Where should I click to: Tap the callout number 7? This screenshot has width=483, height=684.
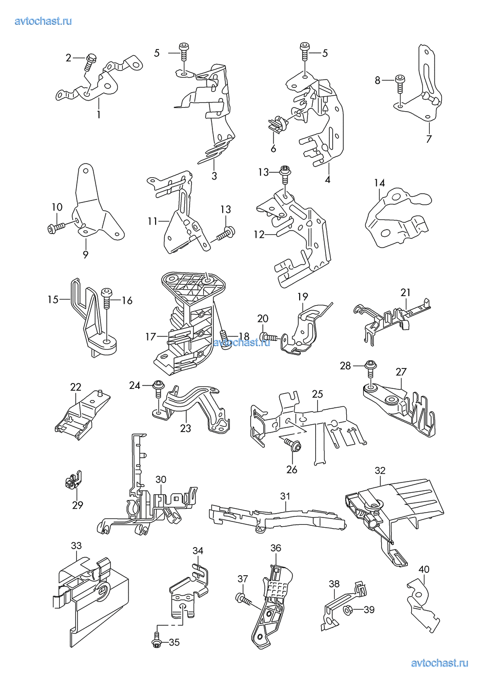pyautogui.click(x=429, y=139)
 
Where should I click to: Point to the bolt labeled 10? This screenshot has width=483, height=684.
pyautogui.click(x=57, y=226)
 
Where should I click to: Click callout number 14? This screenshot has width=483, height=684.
pyautogui.click(x=379, y=183)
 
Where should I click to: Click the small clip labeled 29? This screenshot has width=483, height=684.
pyautogui.click(x=73, y=481)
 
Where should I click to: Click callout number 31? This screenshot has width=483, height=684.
pyautogui.click(x=285, y=496)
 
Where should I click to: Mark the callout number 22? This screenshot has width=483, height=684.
pyautogui.click(x=76, y=387)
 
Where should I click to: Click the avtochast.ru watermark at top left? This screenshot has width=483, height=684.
pyautogui.click(x=43, y=21)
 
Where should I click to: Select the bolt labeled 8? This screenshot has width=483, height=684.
pyautogui.click(x=400, y=83)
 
